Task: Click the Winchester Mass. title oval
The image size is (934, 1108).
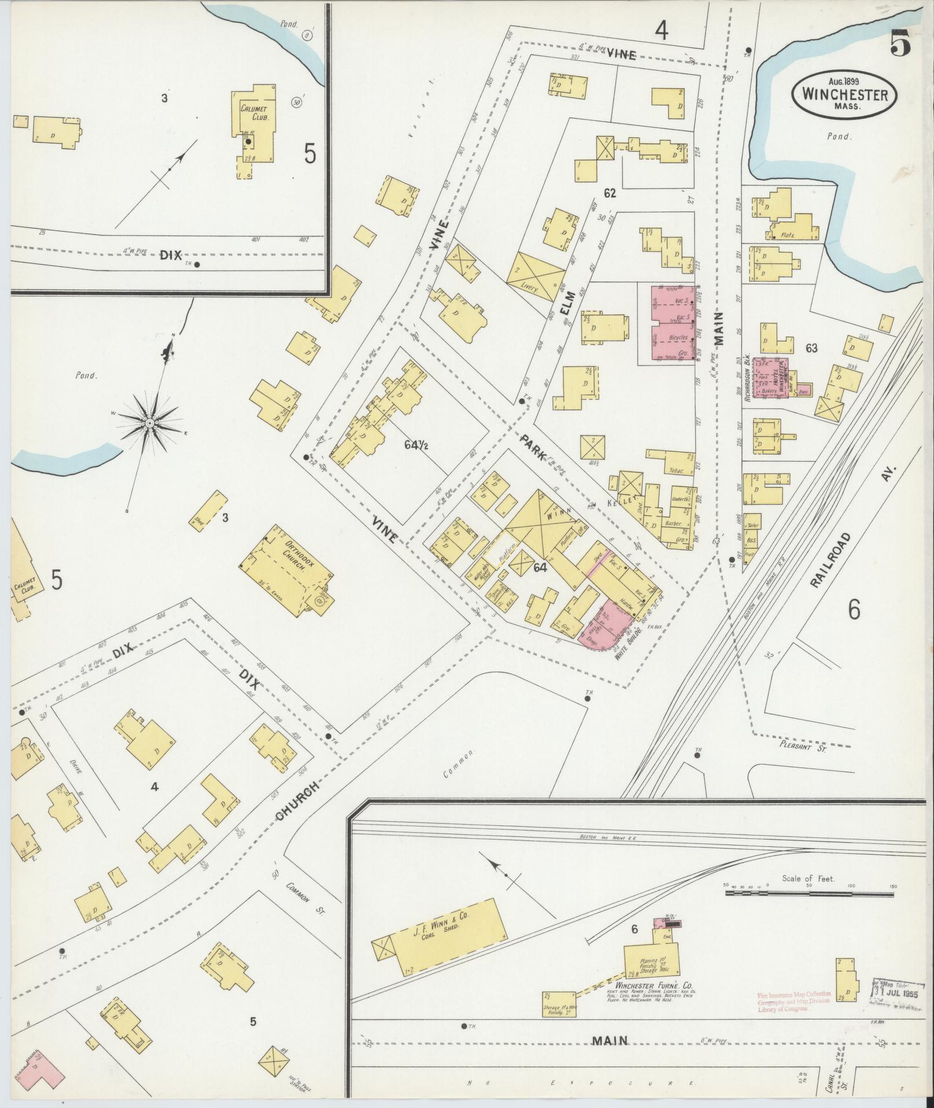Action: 844,94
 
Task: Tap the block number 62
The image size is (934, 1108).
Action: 609,193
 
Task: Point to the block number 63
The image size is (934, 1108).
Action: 811,348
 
